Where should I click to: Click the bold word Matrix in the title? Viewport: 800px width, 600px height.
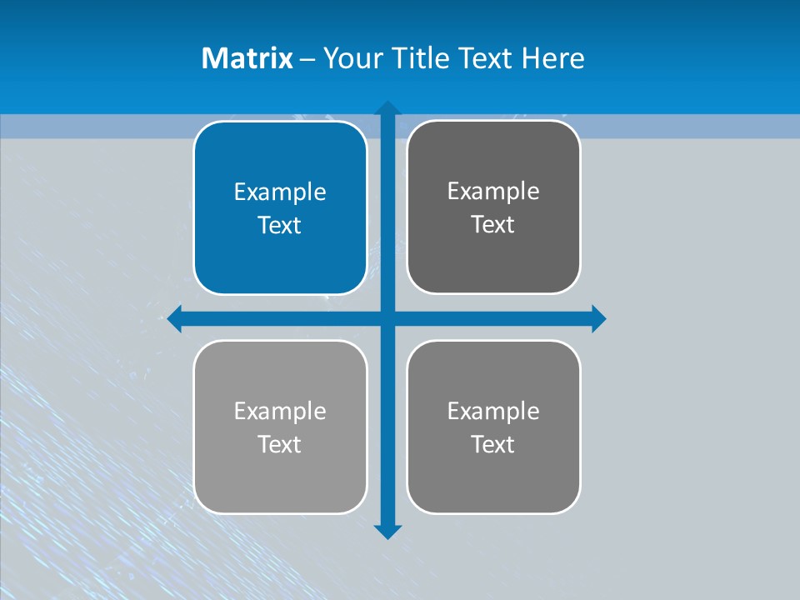click(x=247, y=58)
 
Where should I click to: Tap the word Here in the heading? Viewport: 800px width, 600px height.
click(x=552, y=58)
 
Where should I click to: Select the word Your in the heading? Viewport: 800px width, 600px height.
click(x=353, y=58)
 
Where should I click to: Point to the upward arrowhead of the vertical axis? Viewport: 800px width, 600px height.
click(x=387, y=108)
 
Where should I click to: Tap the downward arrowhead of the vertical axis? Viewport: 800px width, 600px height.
click(x=387, y=532)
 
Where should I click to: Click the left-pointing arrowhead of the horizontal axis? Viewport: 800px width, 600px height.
click(x=175, y=318)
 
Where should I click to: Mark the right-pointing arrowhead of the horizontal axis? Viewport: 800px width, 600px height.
click(x=598, y=318)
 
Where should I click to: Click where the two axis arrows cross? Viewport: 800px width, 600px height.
click(x=387, y=318)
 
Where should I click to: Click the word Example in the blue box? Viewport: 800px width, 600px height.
click(x=280, y=192)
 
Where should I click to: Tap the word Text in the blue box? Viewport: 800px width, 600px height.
click(x=279, y=225)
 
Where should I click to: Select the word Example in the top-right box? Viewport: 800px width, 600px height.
click(x=493, y=191)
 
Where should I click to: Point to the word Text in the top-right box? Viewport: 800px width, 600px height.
click(x=492, y=224)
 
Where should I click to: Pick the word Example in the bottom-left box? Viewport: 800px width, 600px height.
click(x=280, y=411)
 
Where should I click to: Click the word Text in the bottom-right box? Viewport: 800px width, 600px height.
click(x=492, y=444)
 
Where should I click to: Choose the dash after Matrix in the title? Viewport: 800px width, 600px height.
click(x=307, y=59)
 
